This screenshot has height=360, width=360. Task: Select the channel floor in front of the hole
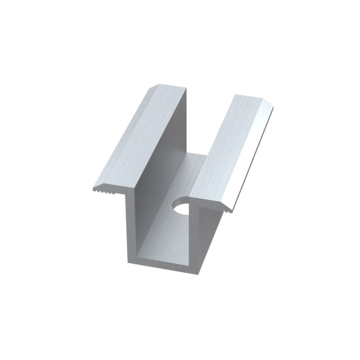169,234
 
